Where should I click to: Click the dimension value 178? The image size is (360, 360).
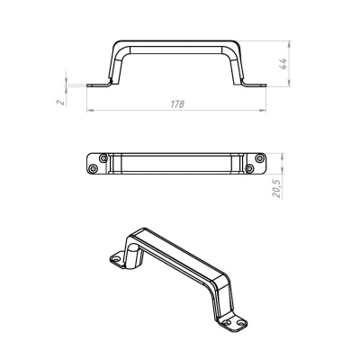tap(177, 104)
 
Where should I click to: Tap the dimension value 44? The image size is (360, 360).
tap(283, 64)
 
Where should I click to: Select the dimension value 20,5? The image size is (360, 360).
tap(276, 189)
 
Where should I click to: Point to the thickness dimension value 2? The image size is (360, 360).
tap(61, 102)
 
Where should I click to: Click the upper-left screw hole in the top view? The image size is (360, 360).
tap(103, 157)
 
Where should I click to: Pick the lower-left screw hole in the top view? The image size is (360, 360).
tap(94, 169)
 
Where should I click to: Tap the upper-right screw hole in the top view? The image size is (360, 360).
tap(259, 157)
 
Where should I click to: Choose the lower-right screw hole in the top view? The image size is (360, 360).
tap(249, 169)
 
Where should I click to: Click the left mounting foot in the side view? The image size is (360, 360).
tap(98, 85)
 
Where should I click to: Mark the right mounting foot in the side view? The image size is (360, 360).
tap(255, 85)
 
